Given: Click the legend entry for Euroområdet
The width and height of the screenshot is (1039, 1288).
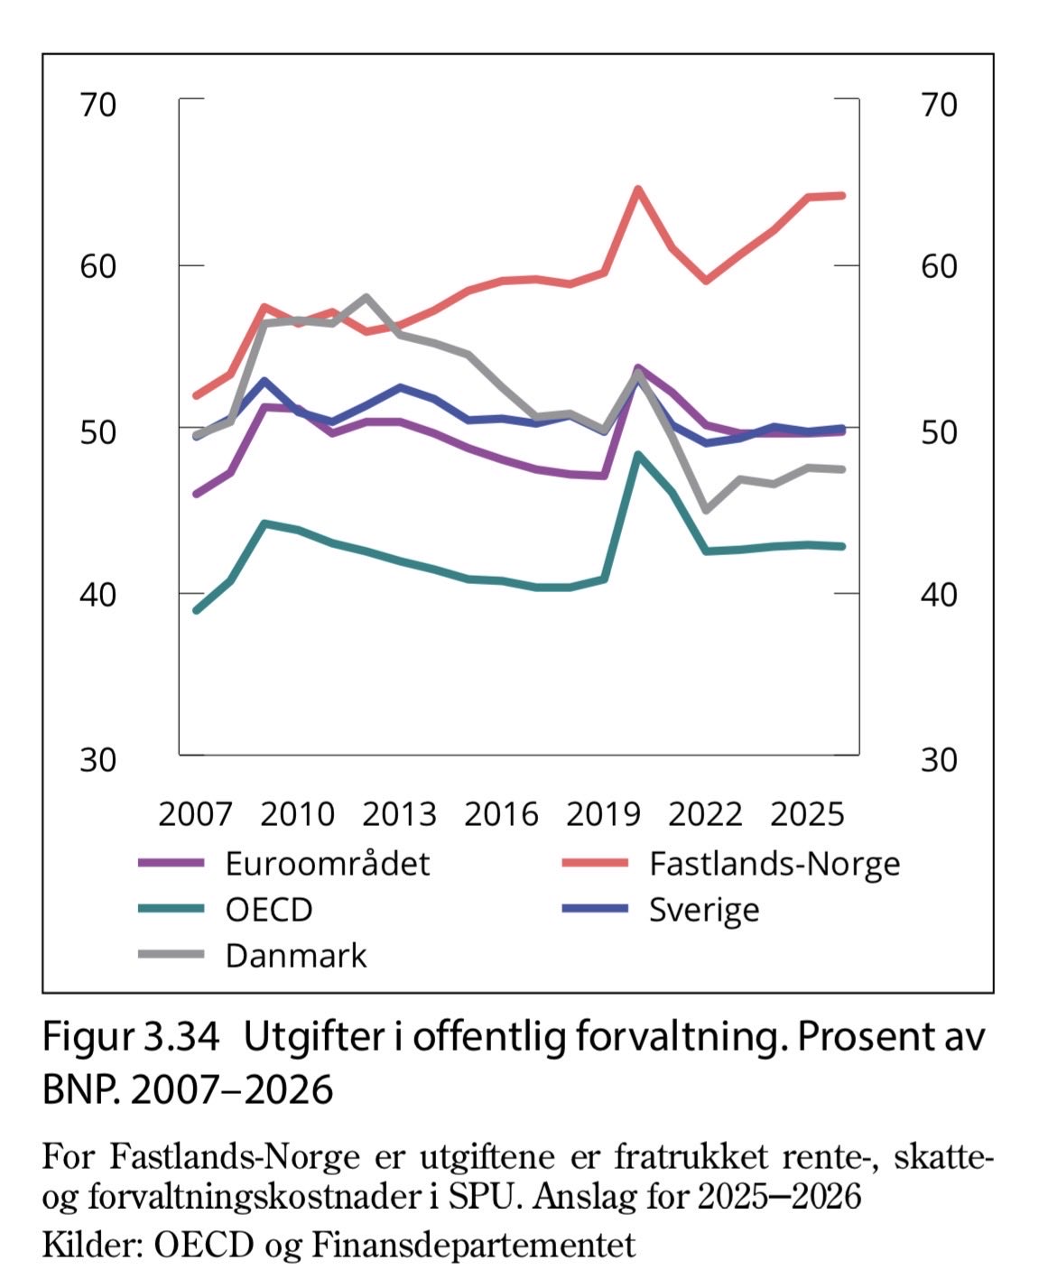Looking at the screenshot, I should pyautogui.click(x=327, y=864).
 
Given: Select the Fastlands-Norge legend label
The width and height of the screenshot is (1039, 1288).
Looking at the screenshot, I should pyautogui.click(x=774, y=864).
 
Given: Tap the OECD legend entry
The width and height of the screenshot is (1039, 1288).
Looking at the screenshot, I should pyautogui.click(x=268, y=909).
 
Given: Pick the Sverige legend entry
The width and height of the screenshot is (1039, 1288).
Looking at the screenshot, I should pyautogui.click(x=703, y=909).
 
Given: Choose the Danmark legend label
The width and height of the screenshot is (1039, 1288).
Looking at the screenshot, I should pyautogui.click(x=295, y=955).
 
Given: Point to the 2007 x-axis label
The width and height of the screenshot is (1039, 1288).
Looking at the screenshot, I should pyautogui.click(x=195, y=814).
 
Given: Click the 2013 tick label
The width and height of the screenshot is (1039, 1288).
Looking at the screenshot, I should pyautogui.click(x=399, y=814).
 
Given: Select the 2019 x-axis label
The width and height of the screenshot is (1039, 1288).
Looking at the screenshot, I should pyautogui.click(x=603, y=814).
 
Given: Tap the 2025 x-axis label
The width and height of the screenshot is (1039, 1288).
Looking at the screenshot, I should pyautogui.click(x=807, y=814).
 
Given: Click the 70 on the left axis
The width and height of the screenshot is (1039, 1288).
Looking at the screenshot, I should pyautogui.click(x=97, y=105).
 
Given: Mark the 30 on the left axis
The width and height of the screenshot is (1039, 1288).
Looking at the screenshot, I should pyautogui.click(x=97, y=760).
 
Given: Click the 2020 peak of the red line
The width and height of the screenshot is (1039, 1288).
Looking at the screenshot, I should pyautogui.click(x=637, y=189).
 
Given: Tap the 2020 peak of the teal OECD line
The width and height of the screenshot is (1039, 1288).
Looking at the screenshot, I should pyautogui.click(x=637, y=455).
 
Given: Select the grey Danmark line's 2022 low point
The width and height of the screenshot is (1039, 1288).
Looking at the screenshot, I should pyautogui.click(x=706, y=510).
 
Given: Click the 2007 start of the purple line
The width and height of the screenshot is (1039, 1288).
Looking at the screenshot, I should pyautogui.click(x=196, y=494).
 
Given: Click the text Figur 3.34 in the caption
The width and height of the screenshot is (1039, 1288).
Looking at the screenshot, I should pyautogui.click(x=130, y=1037).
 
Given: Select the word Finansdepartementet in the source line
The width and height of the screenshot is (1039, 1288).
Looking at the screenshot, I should pyautogui.click(x=474, y=1246).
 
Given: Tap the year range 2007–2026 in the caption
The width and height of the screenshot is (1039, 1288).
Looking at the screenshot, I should pyautogui.click(x=232, y=1090).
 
